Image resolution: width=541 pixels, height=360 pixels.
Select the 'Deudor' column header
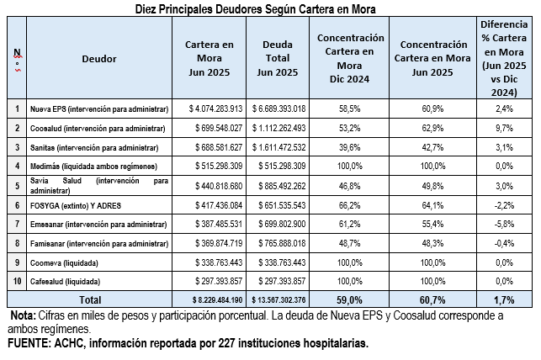99,59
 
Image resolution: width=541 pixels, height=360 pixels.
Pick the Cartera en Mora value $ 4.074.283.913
208,109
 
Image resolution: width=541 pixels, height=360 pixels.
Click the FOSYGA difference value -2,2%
506,204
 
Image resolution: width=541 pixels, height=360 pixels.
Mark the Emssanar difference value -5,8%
506,223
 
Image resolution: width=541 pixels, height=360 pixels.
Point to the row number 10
18,280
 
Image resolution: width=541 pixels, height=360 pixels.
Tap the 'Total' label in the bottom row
88,299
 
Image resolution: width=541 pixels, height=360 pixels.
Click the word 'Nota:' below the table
23,315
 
